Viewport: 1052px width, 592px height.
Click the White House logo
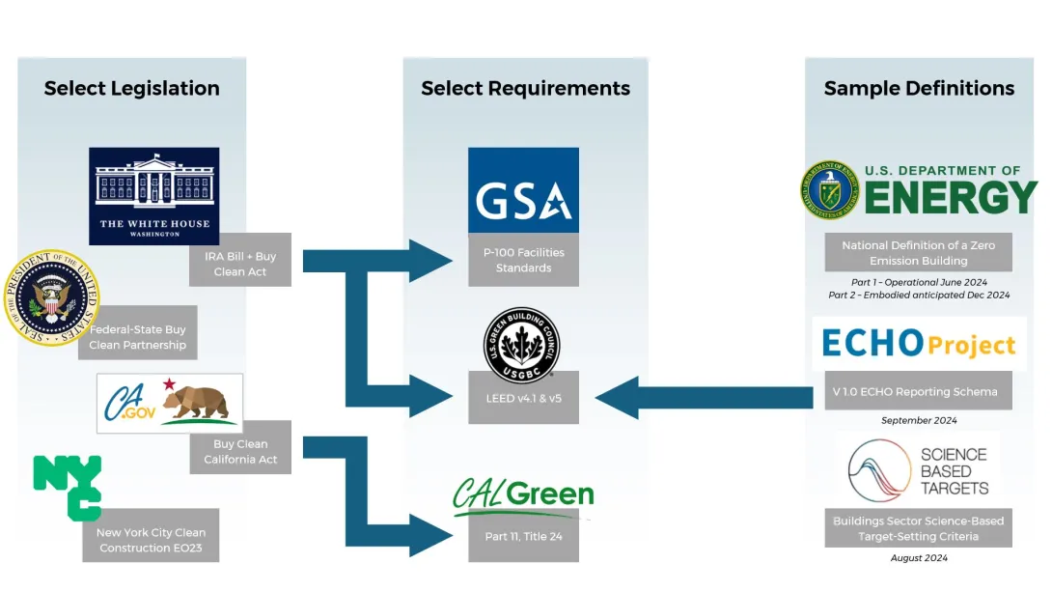click(153, 196)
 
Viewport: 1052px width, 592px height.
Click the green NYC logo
click(68, 486)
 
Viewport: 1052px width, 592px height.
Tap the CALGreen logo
click(523, 495)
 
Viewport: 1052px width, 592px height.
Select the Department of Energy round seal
click(829, 190)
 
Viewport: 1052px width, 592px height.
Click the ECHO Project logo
click(918, 344)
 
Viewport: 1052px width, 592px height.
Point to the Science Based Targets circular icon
click(880, 471)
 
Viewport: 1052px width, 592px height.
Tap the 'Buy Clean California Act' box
click(240, 451)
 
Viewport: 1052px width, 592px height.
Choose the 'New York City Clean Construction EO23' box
click(151, 539)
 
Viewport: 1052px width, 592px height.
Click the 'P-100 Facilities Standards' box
click(523, 260)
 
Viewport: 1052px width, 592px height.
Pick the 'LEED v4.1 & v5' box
click(523, 398)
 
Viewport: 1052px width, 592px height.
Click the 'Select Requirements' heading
click(525, 89)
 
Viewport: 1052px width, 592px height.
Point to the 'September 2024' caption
click(919, 421)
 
